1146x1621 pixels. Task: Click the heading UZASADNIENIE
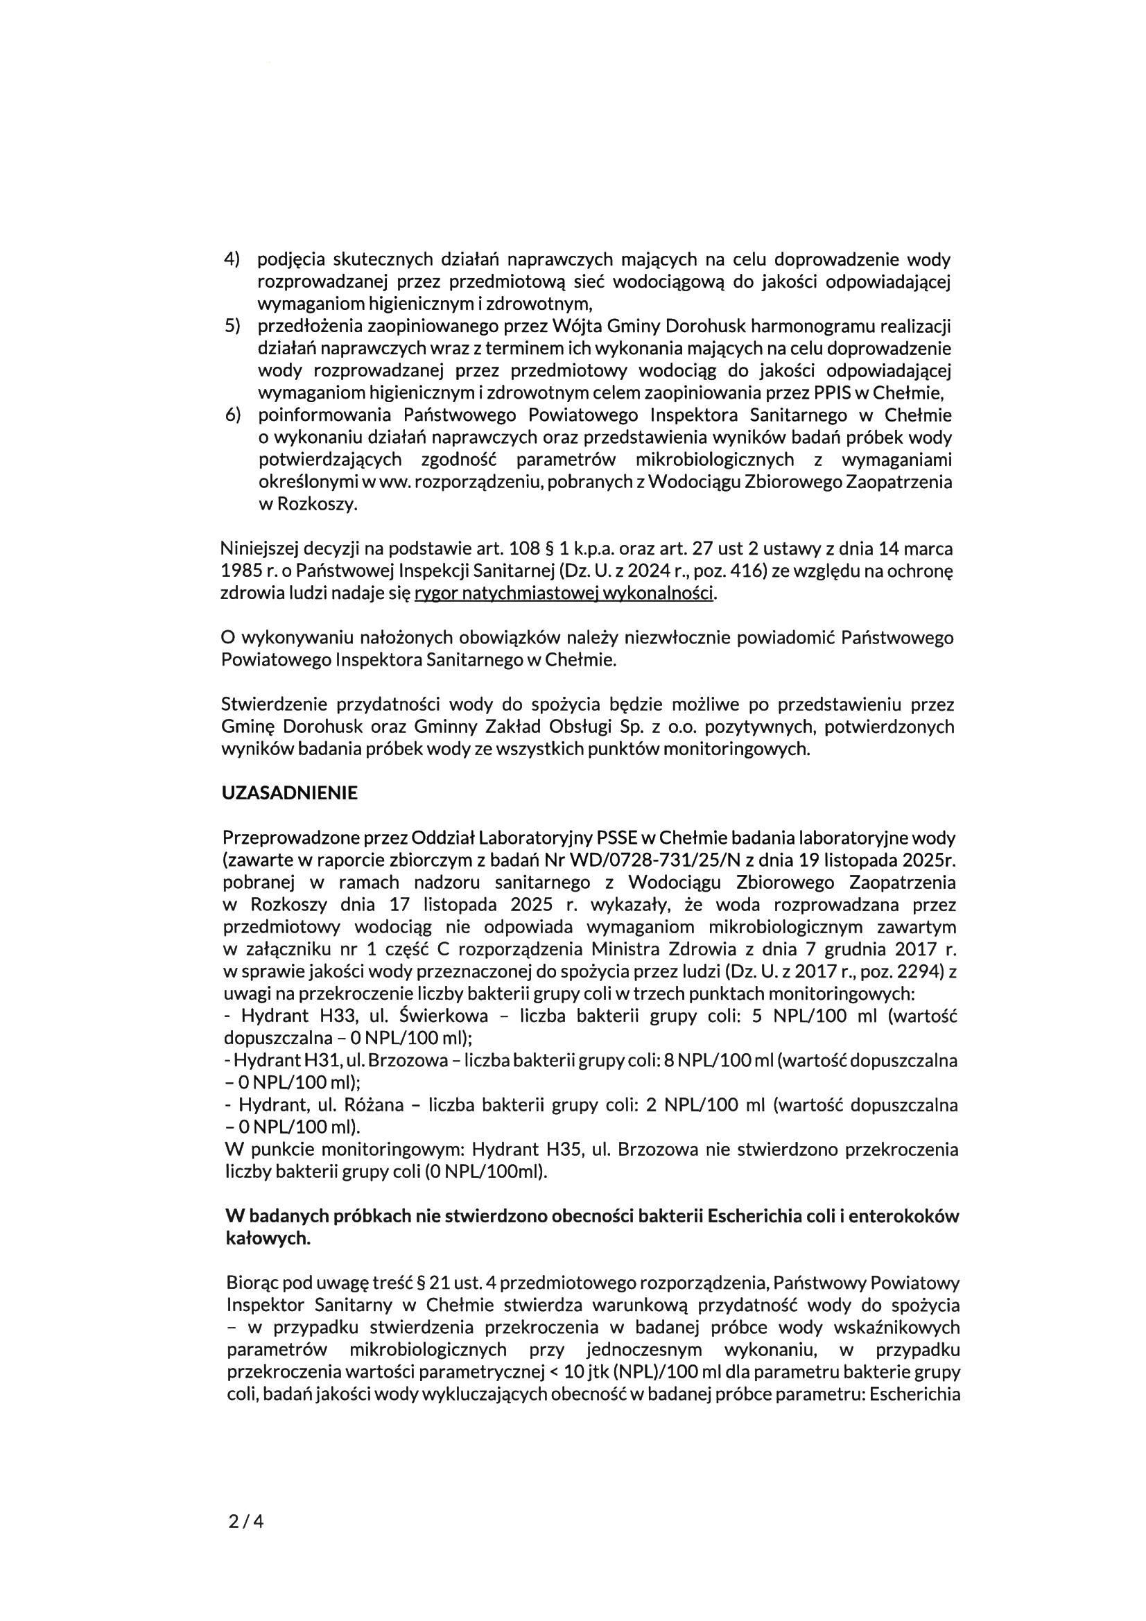(290, 793)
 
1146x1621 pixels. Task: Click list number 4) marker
(232, 259)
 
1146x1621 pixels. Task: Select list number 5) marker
(232, 326)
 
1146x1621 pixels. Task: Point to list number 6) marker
(232, 415)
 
